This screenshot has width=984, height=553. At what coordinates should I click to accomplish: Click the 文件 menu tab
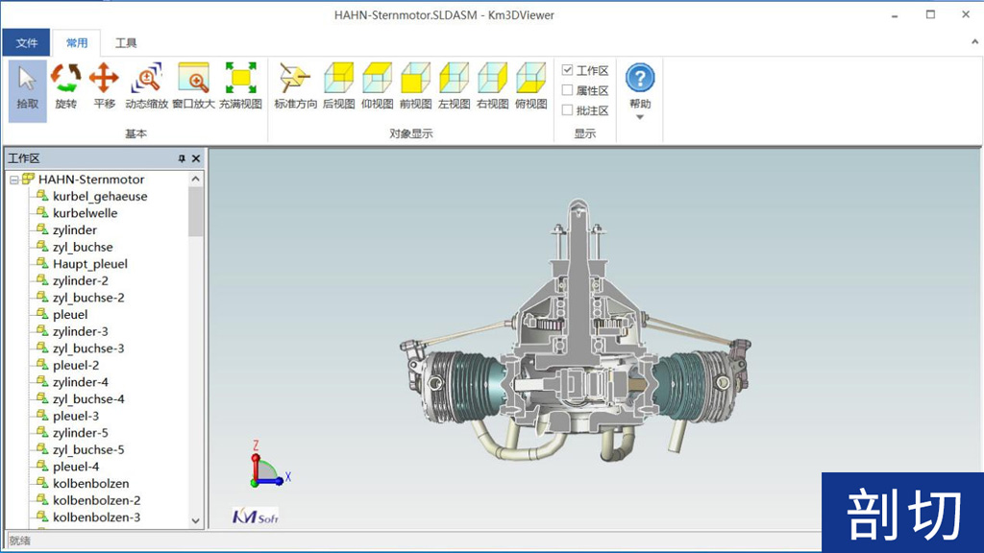coord(26,43)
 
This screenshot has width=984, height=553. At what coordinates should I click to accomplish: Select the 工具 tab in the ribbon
coord(126,43)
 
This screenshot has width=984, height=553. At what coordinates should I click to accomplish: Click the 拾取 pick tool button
coord(28,86)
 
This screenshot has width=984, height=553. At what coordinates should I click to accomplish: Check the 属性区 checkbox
coord(568,90)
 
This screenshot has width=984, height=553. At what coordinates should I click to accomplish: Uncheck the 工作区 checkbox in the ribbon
coord(568,70)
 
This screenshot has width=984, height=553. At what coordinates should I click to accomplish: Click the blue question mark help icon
coord(640,78)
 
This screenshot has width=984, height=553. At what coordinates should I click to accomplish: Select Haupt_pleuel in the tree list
coord(90,264)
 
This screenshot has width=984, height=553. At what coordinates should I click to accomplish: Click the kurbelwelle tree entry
coord(85,213)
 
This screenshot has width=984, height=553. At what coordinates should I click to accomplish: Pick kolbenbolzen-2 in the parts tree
coord(96,500)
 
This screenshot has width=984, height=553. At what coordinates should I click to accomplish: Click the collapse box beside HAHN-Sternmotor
coord(14,180)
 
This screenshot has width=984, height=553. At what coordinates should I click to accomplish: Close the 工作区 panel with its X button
coord(196,158)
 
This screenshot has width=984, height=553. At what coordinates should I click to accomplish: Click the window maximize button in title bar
coord(930,14)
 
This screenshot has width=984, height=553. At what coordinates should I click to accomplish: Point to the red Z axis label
coord(256,445)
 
